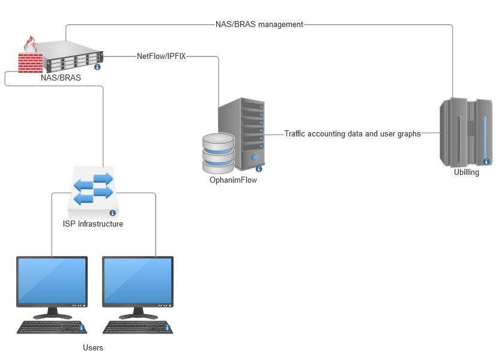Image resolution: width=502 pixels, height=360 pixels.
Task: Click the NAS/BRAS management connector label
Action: [259, 25]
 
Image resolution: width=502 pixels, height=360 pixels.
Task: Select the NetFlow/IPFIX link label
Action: [162, 56]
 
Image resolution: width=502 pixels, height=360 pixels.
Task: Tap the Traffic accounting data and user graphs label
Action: [352, 134]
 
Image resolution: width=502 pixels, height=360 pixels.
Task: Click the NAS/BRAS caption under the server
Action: [61, 78]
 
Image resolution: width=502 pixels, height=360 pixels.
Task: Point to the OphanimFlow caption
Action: [234, 180]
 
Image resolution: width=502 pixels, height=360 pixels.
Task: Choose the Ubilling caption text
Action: [467, 174]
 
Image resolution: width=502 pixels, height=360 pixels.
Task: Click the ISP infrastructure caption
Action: [93, 224]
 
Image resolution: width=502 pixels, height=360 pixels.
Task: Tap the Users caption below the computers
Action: [93, 348]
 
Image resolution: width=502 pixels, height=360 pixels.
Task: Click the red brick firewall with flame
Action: [29, 56]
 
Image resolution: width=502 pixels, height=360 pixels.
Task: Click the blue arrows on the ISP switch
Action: [93, 186]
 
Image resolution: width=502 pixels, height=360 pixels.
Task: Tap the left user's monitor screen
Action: [52, 281]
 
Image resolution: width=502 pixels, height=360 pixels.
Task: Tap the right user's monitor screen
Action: [138, 281]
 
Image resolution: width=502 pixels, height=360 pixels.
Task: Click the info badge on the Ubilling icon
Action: [486, 161]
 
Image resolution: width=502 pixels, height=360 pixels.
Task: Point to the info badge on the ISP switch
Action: [112, 213]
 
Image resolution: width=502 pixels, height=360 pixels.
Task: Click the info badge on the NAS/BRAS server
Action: [97, 67]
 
